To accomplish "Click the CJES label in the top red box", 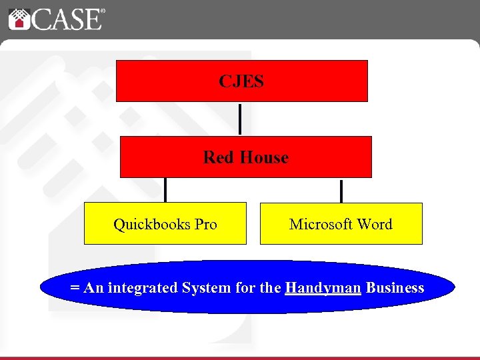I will click(x=241, y=81).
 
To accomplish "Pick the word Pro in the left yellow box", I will click(x=205, y=224).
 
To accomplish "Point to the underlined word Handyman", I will click(x=323, y=288).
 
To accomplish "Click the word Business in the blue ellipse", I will click(x=395, y=288).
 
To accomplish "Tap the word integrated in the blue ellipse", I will click(x=139, y=288).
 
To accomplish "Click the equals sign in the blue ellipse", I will click(x=75, y=288).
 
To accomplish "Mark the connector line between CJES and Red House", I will click(x=240, y=119).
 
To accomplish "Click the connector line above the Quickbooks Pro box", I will click(x=165, y=190).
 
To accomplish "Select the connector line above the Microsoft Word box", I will click(x=341, y=190).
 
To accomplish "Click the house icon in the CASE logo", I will click(x=19, y=18).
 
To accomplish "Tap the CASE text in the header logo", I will click(x=65, y=19).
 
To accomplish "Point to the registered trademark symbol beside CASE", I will click(x=102, y=11).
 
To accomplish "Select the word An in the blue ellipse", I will click(x=93, y=288).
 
